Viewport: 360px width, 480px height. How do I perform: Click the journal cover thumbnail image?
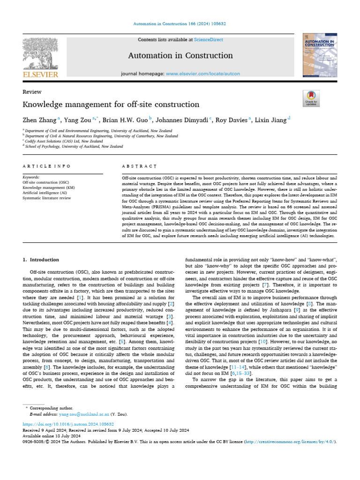click(x=320, y=56)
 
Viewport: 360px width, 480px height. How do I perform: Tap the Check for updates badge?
click(x=311, y=97)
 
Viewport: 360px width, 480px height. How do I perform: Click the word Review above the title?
click(x=32, y=92)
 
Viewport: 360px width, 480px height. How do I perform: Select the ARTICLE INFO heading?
click(x=46, y=166)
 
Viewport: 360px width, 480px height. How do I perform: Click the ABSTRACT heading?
click(x=139, y=166)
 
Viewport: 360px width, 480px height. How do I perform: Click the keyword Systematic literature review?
click(x=47, y=198)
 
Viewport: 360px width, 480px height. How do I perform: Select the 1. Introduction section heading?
click(x=41, y=260)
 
